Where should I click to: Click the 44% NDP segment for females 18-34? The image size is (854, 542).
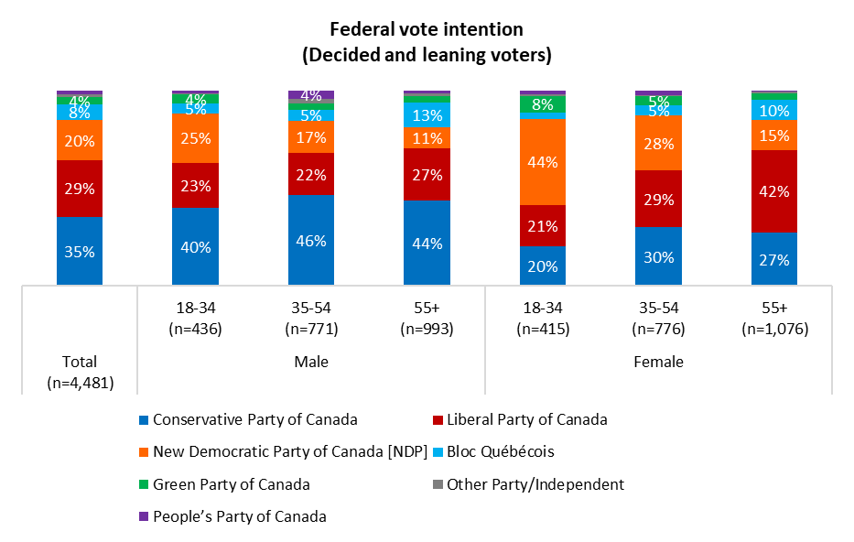543,161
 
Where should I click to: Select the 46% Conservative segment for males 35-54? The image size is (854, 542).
311,240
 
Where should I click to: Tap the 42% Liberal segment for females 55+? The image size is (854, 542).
774,190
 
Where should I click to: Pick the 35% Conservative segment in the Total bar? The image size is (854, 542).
80,251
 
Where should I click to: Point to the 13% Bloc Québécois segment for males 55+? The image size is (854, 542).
427,114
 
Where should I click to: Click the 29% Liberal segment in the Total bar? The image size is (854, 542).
80,189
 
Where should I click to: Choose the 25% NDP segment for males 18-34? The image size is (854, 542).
195,138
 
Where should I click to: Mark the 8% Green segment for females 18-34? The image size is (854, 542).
543,104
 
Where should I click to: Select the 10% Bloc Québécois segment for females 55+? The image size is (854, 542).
774,110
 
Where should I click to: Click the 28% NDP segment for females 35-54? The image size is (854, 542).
659,143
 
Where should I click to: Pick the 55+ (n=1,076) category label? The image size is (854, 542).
774,320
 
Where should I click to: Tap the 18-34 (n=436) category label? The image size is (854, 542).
195,320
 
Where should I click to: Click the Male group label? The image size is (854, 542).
311,362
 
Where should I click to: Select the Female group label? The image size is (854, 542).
659,362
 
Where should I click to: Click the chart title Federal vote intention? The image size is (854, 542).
427,30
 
